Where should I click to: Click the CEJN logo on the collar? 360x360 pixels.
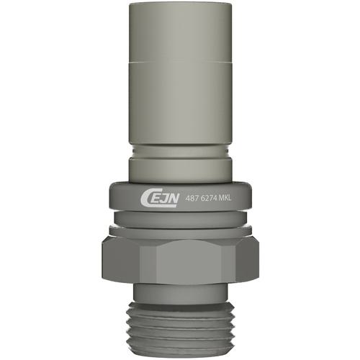(159, 199)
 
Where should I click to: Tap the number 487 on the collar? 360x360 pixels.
(189, 198)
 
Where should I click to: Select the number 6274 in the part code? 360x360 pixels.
(204, 198)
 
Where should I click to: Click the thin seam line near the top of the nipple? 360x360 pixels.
(180, 62)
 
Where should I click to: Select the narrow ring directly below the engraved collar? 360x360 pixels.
(180, 219)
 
